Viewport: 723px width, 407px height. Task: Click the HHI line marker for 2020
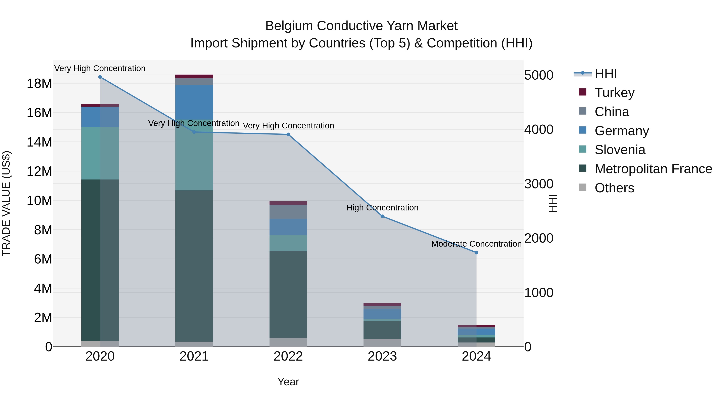pos(100,77)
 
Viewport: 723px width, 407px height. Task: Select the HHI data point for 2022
pos(288,134)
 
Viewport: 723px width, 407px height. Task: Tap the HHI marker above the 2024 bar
pos(476,252)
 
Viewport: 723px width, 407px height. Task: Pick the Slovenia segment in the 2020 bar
pos(100,153)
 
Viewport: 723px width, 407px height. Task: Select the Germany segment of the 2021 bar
pos(194,102)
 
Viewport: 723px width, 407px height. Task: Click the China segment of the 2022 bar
pos(288,212)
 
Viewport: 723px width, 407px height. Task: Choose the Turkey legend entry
pos(614,93)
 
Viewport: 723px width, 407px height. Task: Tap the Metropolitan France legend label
pos(653,169)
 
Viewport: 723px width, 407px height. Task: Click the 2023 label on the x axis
pos(382,356)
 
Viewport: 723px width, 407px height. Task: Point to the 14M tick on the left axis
pos(39,142)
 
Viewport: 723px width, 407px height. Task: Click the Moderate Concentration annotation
pos(476,244)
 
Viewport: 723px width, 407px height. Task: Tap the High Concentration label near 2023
pos(382,208)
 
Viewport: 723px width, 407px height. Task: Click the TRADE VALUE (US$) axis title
pos(6,203)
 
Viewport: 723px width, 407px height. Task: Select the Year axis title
pos(288,382)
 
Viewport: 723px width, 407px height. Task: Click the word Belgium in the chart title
pos(289,26)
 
